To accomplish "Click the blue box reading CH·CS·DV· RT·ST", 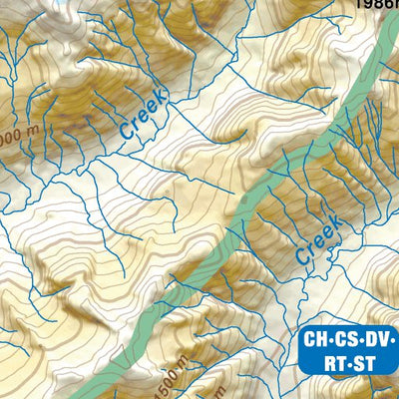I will [x=349, y=350].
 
